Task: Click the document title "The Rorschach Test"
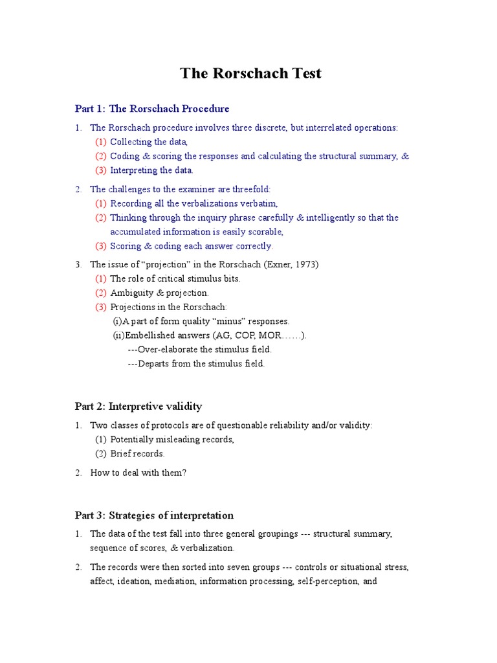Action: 250,73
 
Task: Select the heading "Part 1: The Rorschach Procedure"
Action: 152,109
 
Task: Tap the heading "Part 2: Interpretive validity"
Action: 138,406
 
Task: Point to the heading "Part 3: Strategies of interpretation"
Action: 154,515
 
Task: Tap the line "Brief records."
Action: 137,453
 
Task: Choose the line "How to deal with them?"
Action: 138,473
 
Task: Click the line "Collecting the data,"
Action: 149,142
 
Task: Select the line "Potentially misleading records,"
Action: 172,439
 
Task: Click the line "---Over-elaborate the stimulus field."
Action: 199,350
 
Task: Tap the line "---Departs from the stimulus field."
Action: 196,364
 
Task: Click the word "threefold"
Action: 248,189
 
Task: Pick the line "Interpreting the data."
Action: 151,170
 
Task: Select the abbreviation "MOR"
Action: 274,335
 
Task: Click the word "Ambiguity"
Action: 132,293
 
